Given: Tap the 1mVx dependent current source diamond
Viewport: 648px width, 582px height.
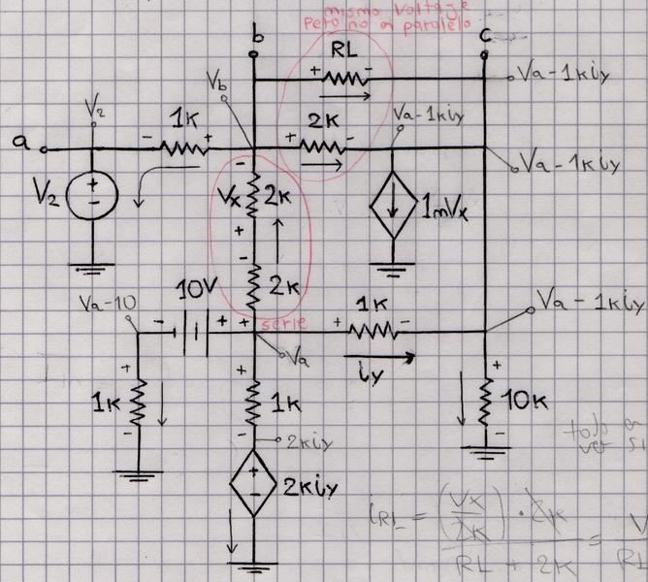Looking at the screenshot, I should tap(393, 210).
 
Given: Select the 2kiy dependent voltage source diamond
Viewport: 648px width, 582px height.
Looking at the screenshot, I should tap(253, 489).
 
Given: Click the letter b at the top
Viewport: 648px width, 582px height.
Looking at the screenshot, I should tap(256, 38).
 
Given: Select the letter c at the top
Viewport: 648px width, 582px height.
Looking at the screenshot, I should tap(485, 38).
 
